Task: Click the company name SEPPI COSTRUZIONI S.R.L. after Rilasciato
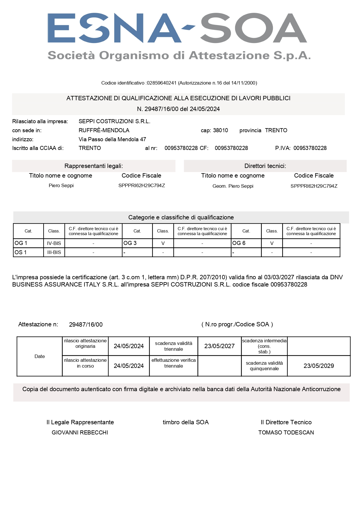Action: point(114,121)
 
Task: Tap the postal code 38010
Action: point(220,130)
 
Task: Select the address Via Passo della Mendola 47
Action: point(112,139)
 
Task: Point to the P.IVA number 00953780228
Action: point(310,148)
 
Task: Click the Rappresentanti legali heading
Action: point(93,166)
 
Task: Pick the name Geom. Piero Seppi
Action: point(233,186)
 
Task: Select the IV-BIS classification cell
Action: point(54,243)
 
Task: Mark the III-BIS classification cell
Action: point(54,252)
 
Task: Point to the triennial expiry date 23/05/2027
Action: point(219,346)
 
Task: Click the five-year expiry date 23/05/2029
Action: point(318,366)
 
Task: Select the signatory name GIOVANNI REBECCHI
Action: point(80,433)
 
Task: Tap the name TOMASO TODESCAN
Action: point(286,433)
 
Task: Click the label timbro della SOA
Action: point(186,422)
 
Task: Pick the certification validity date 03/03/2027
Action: point(279,277)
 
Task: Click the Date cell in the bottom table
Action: point(39,357)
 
